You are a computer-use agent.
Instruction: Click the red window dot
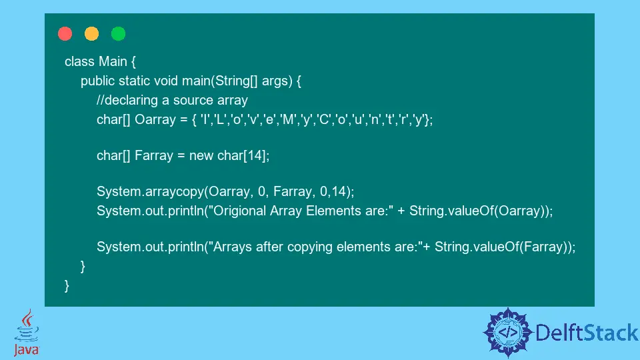tap(65, 33)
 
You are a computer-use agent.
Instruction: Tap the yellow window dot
tap(91, 33)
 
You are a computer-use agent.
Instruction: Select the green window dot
tap(119, 33)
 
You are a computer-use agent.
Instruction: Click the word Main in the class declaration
tap(113, 61)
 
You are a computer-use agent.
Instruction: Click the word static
tap(134, 81)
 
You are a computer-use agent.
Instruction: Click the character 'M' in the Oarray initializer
tap(288, 119)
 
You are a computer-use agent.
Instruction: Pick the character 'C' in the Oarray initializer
tap(324, 119)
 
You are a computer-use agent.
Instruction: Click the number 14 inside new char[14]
tap(255, 155)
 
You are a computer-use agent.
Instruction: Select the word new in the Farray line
tap(201, 156)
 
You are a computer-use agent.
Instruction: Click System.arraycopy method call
tap(150, 191)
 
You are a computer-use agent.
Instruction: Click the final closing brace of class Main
tap(67, 286)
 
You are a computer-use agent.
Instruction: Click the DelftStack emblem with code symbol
tap(508, 332)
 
